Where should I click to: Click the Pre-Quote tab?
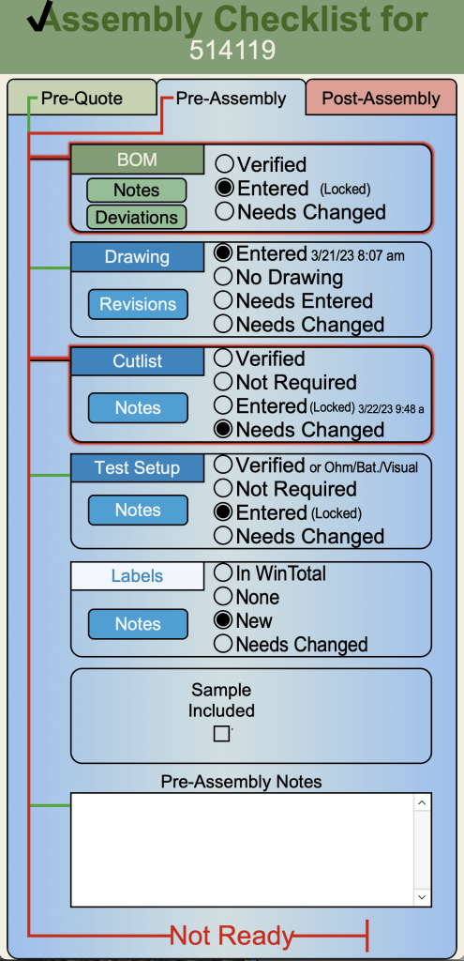tap(82, 98)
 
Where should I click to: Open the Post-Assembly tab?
tap(381, 98)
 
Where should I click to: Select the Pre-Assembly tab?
tap(231, 98)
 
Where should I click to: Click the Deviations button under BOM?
tap(137, 217)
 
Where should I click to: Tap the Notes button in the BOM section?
tap(137, 191)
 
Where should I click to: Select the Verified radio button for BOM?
tap(224, 164)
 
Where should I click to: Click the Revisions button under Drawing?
tap(138, 304)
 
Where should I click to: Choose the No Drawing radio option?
tap(223, 278)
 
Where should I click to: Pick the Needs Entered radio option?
tap(223, 301)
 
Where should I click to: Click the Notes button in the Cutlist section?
tap(138, 408)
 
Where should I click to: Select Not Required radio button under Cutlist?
tap(223, 383)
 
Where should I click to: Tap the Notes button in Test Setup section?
tap(138, 510)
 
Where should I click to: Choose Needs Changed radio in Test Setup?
tap(223, 536)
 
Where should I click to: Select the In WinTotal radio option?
tap(223, 573)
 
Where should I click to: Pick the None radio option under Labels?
tap(223, 597)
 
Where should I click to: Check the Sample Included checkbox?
tap(221, 734)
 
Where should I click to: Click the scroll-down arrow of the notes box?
tap(423, 896)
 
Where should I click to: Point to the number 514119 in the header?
tap(232, 51)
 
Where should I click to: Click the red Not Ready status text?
tap(232, 936)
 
